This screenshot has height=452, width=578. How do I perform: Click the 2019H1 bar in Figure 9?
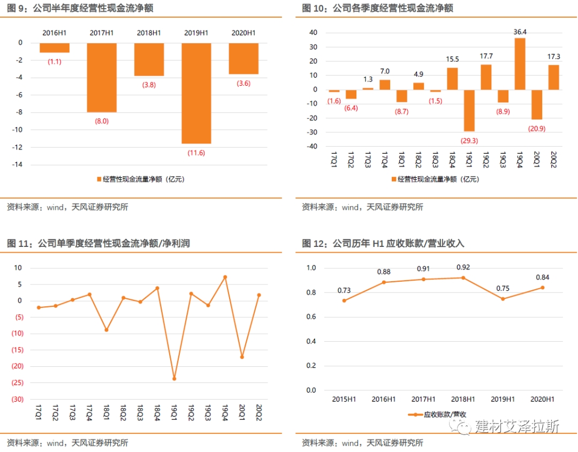coord(196,93)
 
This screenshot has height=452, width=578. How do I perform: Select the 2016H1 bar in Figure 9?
coord(55,48)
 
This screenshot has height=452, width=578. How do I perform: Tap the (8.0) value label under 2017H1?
coord(102,121)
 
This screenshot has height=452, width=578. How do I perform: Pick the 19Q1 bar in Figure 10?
coord(469,110)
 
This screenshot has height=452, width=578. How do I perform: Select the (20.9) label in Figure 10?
coord(536,128)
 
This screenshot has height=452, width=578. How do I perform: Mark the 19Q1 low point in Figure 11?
coord(174,379)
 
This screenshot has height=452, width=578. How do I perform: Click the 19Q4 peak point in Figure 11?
coord(225,277)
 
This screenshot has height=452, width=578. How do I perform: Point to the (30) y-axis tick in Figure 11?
coord(17,400)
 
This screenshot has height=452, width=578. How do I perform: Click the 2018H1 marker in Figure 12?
coord(463,277)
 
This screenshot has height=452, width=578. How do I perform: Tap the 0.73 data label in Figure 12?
coord(344,290)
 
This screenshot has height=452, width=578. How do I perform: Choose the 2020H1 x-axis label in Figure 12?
coord(542,400)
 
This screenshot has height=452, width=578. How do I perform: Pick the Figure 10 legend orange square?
coord(394,179)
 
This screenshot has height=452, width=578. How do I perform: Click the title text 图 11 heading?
coord(98,244)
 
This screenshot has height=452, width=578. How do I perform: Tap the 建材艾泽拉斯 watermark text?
coord(517,426)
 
